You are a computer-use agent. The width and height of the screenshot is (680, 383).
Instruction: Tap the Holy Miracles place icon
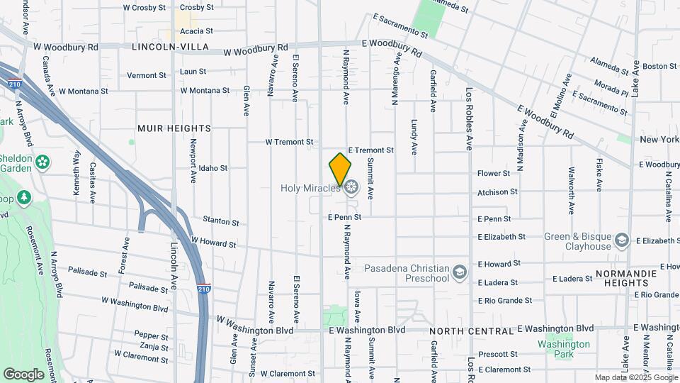(x=351, y=187)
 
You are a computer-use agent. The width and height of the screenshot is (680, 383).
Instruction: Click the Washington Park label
(x=563, y=349)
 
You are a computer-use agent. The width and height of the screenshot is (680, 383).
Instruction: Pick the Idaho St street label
(x=212, y=168)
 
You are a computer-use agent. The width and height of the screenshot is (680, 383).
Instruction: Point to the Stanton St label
(x=218, y=220)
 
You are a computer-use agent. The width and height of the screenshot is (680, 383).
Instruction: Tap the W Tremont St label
(x=289, y=142)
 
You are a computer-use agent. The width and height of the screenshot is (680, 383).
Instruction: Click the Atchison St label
(x=497, y=192)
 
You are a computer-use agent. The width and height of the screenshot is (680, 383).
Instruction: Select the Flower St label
(x=494, y=173)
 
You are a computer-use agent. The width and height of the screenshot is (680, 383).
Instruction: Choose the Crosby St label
(x=196, y=7)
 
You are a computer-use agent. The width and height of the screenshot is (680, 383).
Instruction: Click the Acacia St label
(x=196, y=31)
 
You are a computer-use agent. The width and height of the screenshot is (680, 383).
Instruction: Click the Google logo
(x=23, y=374)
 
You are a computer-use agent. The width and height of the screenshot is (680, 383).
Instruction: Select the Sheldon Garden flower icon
(x=43, y=162)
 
